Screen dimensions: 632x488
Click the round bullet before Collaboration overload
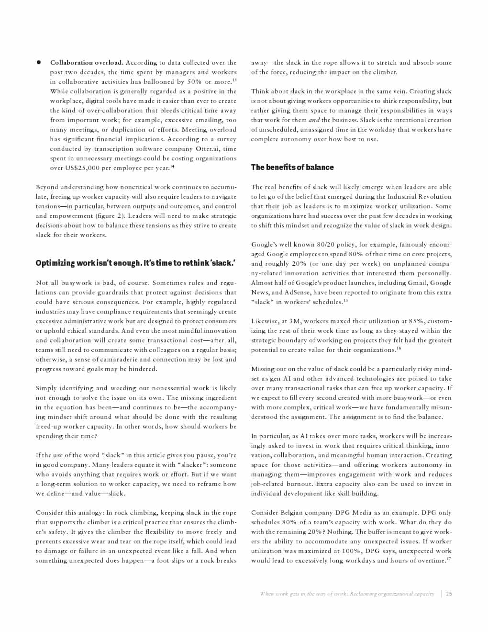click(39, 63)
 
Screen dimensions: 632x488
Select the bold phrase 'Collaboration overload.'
click(87, 63)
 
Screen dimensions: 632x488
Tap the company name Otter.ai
click(208, 149)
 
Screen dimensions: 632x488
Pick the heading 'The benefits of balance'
click(292, 167)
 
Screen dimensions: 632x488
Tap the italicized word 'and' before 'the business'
click(314, 120)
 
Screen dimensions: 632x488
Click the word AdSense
click(298, 293)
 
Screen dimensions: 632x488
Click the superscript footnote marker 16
click(399, 349)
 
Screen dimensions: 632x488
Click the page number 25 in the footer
click(449, 594)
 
